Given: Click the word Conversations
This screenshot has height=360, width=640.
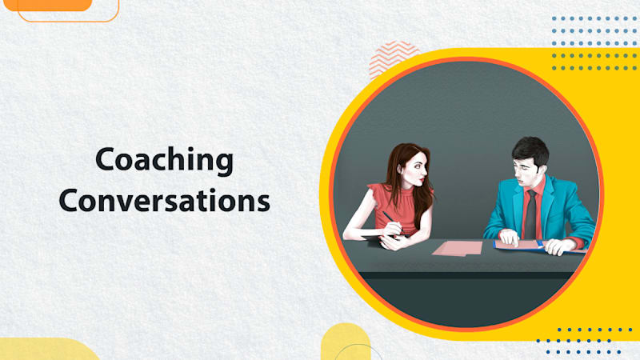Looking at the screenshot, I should point(164,200).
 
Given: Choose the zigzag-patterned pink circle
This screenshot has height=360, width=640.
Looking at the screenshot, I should point(394,58).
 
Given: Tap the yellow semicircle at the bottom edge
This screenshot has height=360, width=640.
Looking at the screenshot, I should point(346,344).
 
